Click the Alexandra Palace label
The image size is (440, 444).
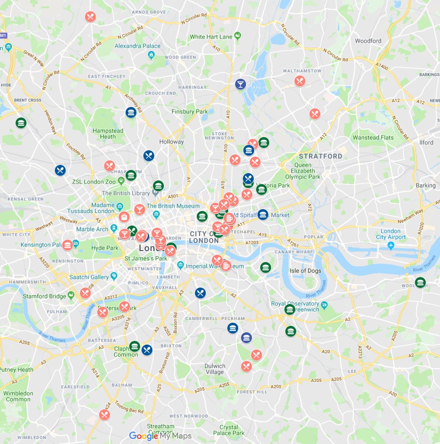137,46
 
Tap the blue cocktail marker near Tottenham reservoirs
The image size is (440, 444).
240,84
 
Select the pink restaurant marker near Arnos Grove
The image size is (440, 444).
90,17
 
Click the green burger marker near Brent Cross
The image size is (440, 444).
21,123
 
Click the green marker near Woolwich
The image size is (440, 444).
420,282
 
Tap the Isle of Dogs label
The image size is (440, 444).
305,271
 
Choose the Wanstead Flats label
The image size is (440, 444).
373,137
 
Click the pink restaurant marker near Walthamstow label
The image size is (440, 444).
299,81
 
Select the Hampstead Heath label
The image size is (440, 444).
108,134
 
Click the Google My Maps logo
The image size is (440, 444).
160,436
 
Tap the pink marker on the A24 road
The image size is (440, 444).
104,415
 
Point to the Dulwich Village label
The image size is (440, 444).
215,369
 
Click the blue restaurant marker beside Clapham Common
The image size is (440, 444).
147,350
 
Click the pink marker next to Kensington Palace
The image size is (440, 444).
67,245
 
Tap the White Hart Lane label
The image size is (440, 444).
211,37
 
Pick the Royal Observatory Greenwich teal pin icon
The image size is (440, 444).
324,304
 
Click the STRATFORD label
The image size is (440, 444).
320,156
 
